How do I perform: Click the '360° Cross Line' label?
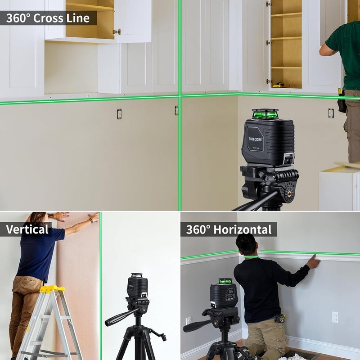tap(49, 18)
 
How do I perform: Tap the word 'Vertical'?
tap(27, 229)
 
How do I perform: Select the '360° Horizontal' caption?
tap(229, 229)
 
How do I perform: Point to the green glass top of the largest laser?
tap(265, 114)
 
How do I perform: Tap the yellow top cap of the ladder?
tap(52, 289)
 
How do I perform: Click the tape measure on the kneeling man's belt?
tap(281, 319)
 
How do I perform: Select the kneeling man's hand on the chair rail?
tap(313, 261)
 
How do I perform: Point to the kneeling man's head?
tap(246, 244)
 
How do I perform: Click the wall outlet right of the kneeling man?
tap(335, 317)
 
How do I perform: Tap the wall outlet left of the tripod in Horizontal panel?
tap(189, 321)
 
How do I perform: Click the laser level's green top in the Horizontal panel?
tap(225, 281)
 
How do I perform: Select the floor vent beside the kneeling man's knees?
tap(301, 355)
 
